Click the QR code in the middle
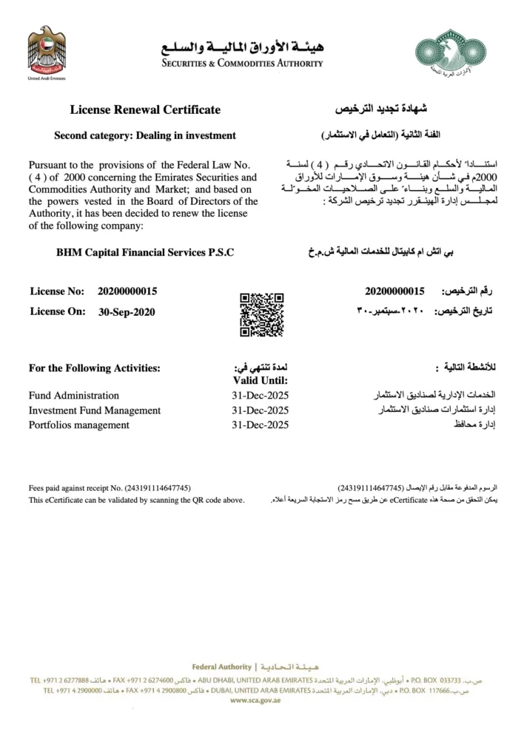pos(261,314)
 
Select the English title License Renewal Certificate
pos(145,110)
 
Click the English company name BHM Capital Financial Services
pos(145,252)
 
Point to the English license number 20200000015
pos(127,291)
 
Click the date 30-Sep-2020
pos(127,311)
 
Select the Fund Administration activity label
pos(73,395)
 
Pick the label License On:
pos(58,311)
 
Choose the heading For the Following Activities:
pos(94,368)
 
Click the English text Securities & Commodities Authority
pos(243,64)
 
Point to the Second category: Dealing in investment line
pos(145,135)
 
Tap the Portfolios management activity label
pos(78,425)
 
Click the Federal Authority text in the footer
pos(221,666)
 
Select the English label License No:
pos(58,291)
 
